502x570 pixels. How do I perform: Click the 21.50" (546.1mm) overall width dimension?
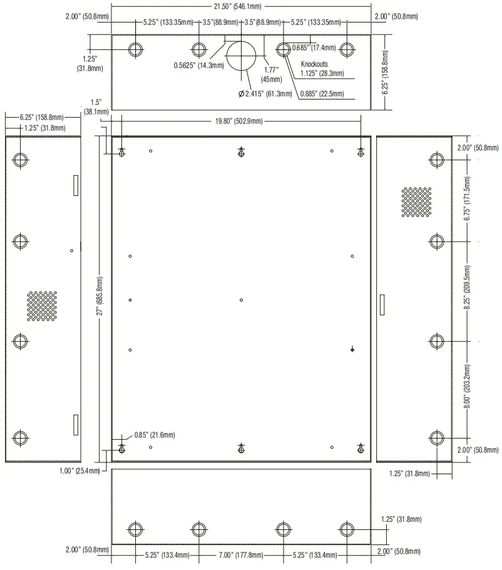tap(241, 6)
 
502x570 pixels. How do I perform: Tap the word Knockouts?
tap(314, 64)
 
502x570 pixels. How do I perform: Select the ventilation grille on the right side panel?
tap(416, 201)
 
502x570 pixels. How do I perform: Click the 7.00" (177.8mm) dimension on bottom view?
tap(240, 554)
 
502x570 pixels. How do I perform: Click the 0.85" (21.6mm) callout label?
tap(155, 434)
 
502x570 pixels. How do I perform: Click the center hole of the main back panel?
tap(241, 300)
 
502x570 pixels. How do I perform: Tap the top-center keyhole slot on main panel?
tap(241, 151)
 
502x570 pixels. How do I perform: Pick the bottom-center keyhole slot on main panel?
tap(241, 447)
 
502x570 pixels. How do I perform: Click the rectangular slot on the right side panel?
tap(382, 306)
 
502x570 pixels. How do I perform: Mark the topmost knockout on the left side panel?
tap(21, 160)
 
